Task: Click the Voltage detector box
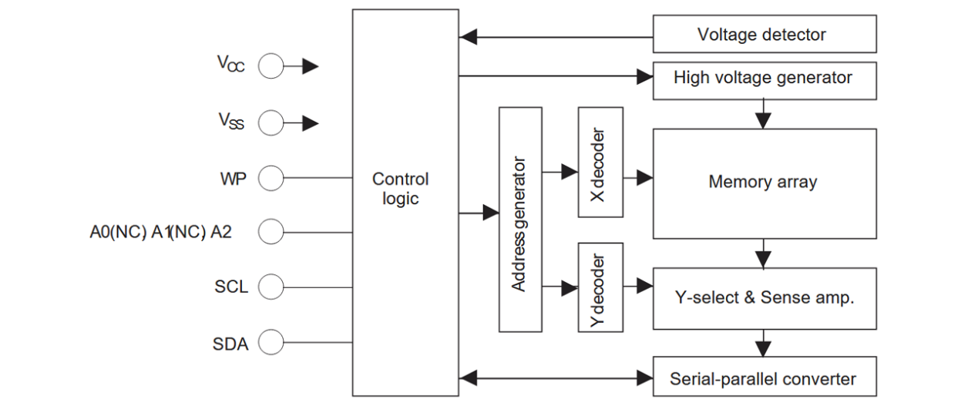coord(764,35)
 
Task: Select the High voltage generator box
coord(764,79)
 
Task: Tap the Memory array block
coord(764,183)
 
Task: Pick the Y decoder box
coord(600,287)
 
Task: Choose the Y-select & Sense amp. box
coord(764,298)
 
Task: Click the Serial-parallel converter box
coord(764,378)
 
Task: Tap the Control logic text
coord(401,189)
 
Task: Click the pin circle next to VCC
coord(271,67)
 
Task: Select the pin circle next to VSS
coord(271,122)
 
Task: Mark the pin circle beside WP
coord(271,180)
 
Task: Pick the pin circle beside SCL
coord(271,287)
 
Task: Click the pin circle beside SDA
coord(271,343)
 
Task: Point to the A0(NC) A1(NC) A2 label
coord(160,231)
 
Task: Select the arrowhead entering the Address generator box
coord(491,213)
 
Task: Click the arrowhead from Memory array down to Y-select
coord(764,259)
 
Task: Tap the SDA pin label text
coord(230,344)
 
